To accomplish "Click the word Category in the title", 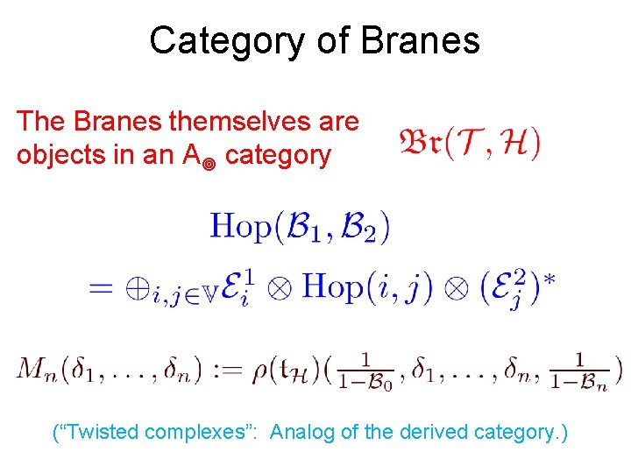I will [x=226, y=40].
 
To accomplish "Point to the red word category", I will [x=279, y=155].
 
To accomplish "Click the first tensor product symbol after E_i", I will [x=279, y=290].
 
